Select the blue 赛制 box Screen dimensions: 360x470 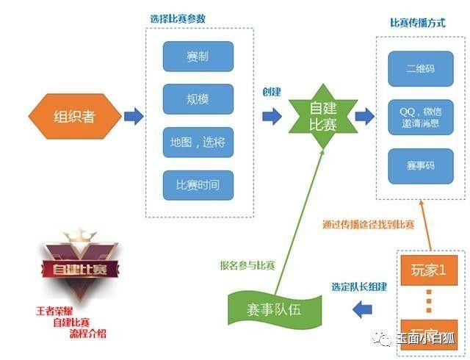[x=198, y=56]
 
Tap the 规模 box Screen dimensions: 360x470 [x=198, y=98]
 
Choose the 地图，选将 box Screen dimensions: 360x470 [x=198, y=141]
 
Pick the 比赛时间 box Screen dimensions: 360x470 [x=198, y=184]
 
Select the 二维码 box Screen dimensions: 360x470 [x=420, y=68]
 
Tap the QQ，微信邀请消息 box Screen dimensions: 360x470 [x=420, y=117]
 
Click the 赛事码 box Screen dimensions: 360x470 [x=420, y=165]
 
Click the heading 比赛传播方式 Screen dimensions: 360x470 [x=417, y=23]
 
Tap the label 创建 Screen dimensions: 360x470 [x=272, y=93]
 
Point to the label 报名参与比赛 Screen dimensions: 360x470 [x=247, y=264]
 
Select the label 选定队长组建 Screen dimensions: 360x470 [x=358, y=287]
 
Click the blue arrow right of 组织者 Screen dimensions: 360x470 [x=133, y=116]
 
